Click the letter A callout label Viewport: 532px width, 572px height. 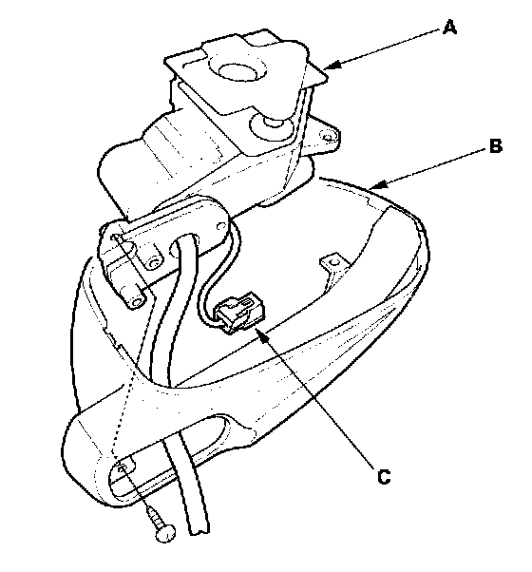449,28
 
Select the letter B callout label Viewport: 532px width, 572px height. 496,145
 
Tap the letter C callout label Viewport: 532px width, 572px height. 384,477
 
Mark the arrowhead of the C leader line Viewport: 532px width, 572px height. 260,334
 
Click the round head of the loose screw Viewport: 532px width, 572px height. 165,534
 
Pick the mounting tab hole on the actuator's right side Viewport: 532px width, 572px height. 328,137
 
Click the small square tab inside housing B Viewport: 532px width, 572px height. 332,261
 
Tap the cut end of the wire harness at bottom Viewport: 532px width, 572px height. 200,528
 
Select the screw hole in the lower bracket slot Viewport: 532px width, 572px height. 123,468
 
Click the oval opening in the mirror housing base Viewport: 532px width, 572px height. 214,433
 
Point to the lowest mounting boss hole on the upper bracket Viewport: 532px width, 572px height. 137,301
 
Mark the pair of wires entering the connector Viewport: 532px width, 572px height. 215,278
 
